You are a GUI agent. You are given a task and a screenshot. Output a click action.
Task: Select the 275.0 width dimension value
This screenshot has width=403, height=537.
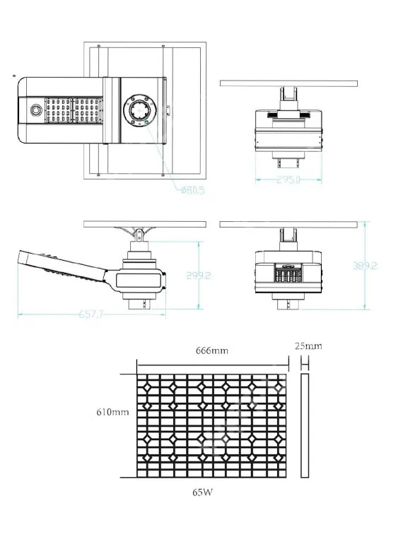click(x=288, y=180)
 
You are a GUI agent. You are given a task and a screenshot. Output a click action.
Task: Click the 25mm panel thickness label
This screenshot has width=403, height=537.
click(x=310, y=346)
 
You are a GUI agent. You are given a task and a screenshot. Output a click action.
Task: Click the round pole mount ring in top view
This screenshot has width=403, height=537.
click(x=136, y=110)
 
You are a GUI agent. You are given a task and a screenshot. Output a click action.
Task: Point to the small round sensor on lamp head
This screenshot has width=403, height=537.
click(x=33, y=111)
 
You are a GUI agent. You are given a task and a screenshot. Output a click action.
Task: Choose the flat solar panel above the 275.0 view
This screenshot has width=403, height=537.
click(x=288, y=83)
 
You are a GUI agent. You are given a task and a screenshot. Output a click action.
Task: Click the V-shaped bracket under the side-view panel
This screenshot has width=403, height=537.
click(x=138, y=232)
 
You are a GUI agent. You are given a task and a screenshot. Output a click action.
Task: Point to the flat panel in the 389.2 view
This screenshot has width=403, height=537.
click(x=288, y=224)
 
